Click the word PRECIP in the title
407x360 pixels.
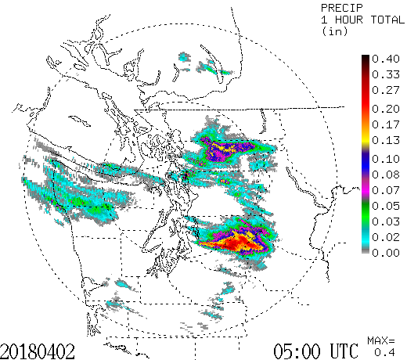[x=341, y=7]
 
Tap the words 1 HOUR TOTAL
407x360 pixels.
[x=355, y=20]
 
